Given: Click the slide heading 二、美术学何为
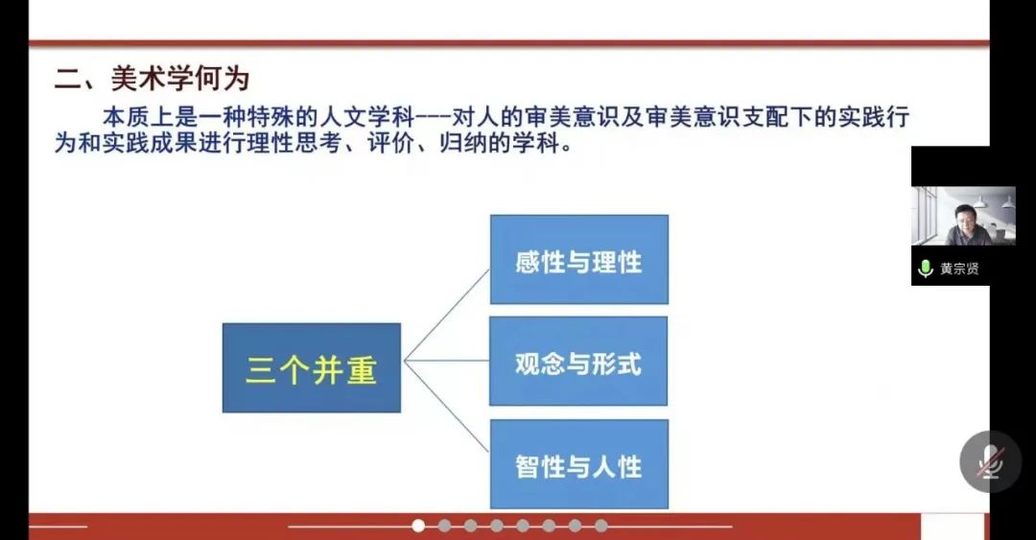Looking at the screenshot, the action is (152, 79).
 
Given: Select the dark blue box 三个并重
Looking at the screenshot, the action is (311, 367).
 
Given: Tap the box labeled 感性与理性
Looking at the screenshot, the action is (578, 259).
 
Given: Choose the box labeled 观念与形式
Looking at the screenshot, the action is (578, 361).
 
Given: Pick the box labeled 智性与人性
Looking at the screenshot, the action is (578, 464).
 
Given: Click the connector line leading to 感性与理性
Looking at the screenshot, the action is (447, 315).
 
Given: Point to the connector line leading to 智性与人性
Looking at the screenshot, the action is (447, 407).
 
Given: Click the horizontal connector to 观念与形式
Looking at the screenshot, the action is (447, 361).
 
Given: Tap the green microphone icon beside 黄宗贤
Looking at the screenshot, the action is (926, 269).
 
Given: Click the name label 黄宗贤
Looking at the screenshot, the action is (959, 269).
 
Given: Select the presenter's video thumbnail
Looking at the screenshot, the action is (963, 216).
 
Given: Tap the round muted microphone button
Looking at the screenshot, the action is (990, 461).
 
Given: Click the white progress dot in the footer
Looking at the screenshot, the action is (418, 526).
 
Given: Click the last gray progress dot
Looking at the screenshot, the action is (600, 526).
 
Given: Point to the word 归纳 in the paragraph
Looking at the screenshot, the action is (463, 143).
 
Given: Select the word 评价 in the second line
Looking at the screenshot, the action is (391, 143).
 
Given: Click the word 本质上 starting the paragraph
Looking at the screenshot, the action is (138, 118).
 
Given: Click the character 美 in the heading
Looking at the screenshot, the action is (124, 79).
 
